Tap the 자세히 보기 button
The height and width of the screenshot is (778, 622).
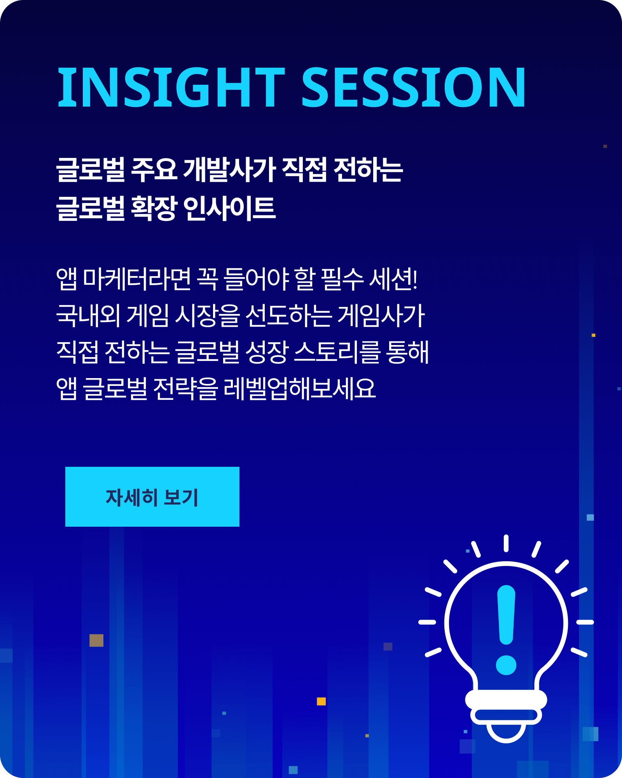[x=152, y=497]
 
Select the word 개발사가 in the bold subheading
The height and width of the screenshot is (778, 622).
[x=230, y=170]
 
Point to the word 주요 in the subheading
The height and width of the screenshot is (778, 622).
[x=154, y=170]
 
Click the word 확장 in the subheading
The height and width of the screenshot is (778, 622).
[x=154, y=208]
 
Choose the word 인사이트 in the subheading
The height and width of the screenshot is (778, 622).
[x=229, y=208]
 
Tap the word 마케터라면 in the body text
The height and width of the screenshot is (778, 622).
[x=137, y=279]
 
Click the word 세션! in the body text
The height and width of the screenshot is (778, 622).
[x=393, y=279]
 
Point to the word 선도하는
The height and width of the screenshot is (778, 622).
[x=289, y=315]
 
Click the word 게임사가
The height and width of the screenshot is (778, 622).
[x=381, y=315]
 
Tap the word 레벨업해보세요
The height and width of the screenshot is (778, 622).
[x=300, y=388]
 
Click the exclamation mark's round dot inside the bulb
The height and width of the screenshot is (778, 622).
[x=506, y=665]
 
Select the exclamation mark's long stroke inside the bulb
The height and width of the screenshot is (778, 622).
[x=506, y=615]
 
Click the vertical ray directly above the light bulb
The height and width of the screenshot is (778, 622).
[x=506, y=543]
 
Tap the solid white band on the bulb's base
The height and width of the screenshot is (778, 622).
[x=506, y=699]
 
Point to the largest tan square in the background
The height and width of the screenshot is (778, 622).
[x=96, y=640]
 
